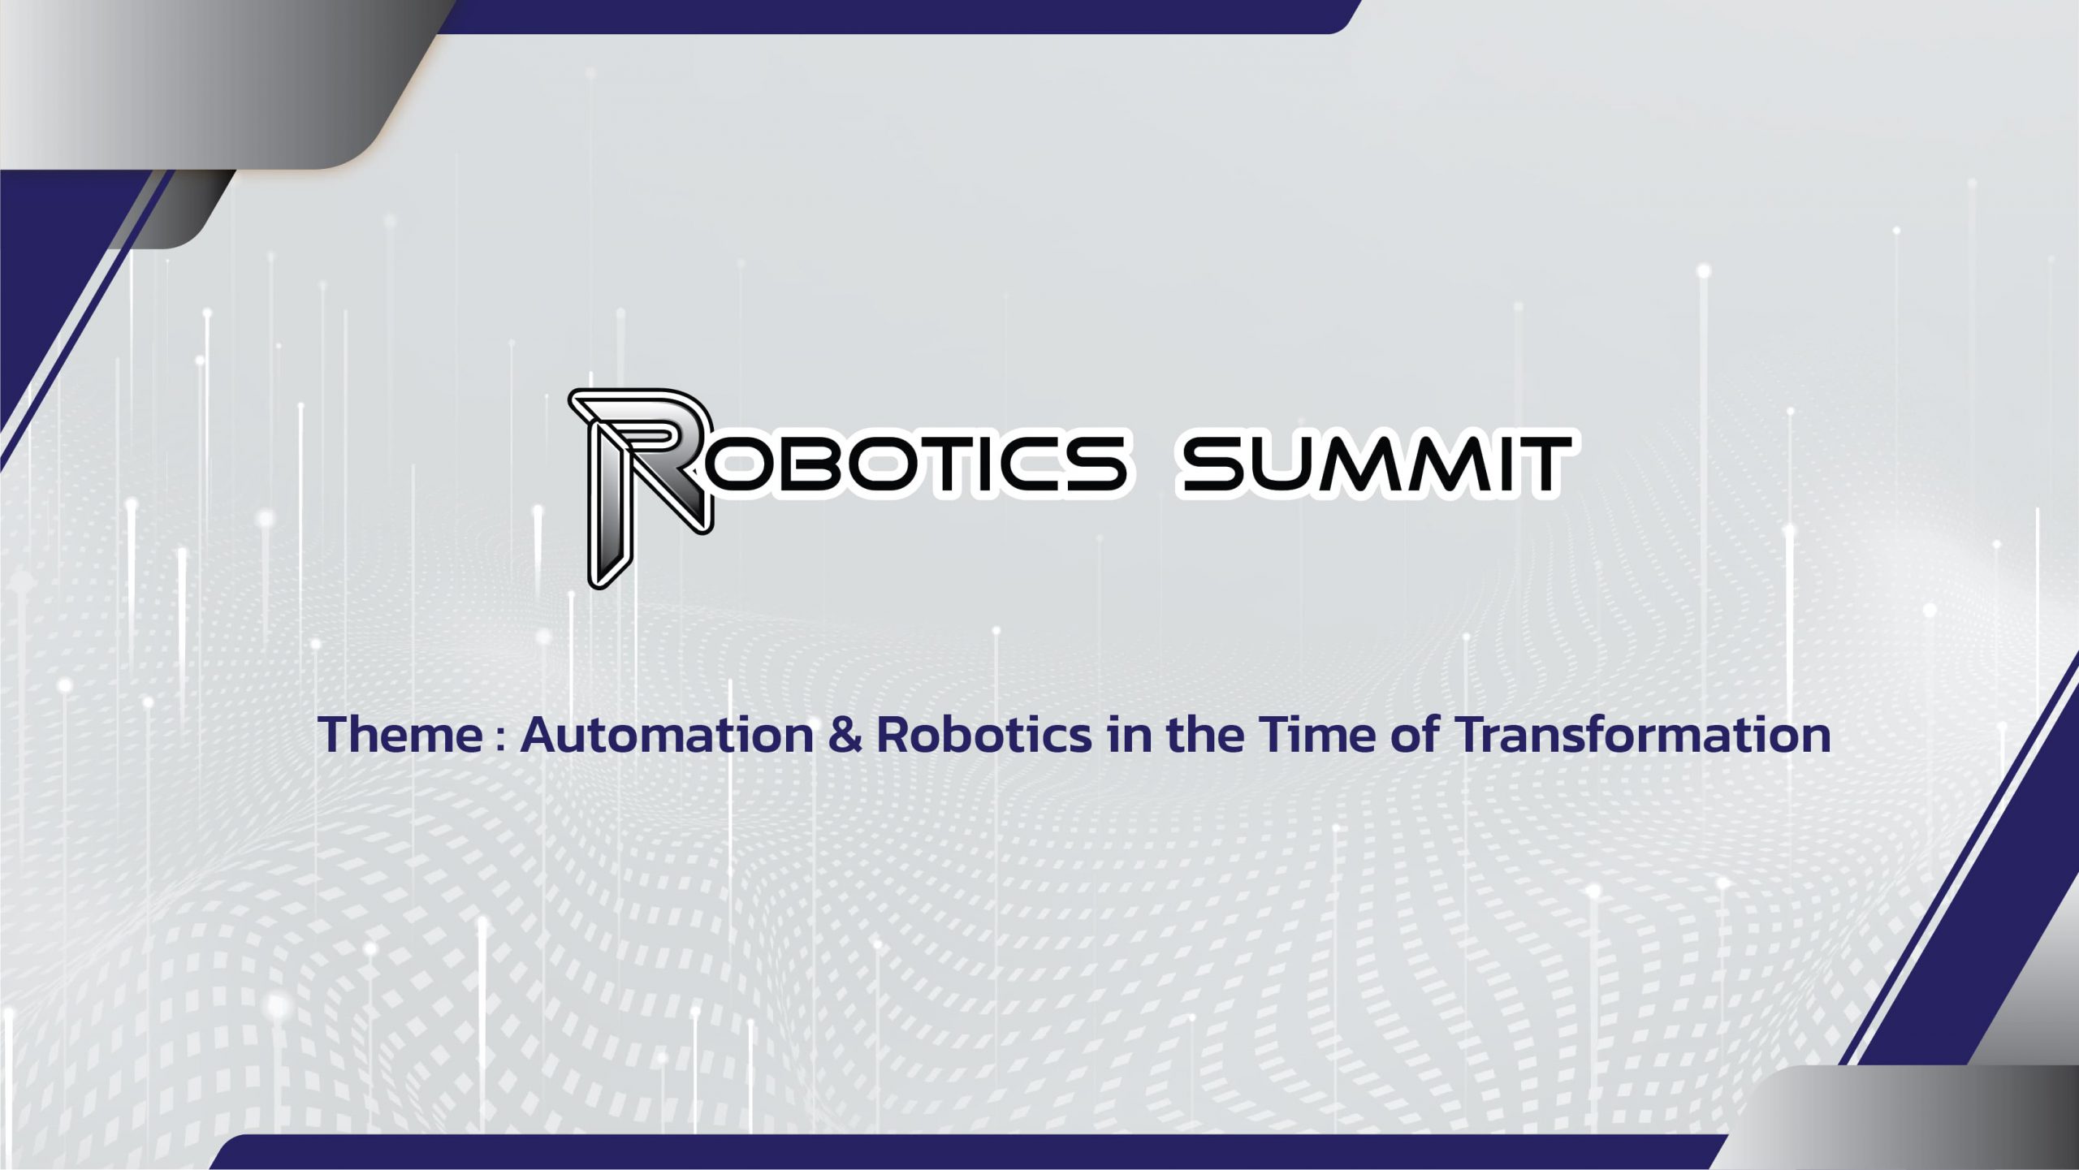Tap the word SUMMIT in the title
coord(1376,464)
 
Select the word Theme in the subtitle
coord(400,735)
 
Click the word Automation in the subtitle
coord(667,735)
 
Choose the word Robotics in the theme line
coord(984,735)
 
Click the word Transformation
coord(1642,735)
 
